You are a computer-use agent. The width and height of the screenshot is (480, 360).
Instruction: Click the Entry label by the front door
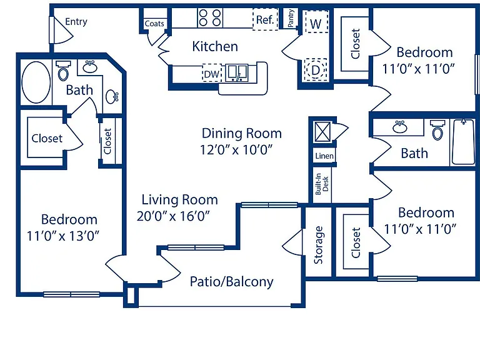click(76, 22)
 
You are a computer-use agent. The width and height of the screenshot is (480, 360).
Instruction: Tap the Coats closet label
click(154, 24)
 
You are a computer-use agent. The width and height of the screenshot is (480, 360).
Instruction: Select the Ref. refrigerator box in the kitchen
click(265, 19)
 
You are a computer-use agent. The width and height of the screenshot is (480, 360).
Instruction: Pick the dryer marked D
click(315, 70)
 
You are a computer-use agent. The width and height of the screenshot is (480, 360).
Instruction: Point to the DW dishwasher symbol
click(212, 73)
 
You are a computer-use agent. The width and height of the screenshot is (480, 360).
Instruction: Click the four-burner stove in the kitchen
click(210, 17)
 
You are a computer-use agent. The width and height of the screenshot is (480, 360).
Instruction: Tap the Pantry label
click(291, 17)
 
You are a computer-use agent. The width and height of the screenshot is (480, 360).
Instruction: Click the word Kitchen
click(215, 46)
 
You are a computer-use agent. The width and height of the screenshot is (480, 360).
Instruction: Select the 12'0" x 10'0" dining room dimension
click(236, 150)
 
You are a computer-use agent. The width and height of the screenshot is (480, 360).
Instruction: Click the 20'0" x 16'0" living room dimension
click(173, 216)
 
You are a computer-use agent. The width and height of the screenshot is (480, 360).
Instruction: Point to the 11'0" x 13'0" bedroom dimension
click(63, 236)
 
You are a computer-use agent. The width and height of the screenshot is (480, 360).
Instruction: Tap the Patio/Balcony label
click(231, 282)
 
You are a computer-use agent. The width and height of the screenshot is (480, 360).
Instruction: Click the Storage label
click(318, 245)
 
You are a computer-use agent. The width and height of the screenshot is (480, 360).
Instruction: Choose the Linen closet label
click(324, 156)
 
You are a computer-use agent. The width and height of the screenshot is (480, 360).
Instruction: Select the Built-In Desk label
click(322, 184)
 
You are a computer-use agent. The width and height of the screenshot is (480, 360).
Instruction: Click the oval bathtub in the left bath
click(36, 82)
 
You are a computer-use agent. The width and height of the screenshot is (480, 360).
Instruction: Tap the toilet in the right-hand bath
click(437, 129)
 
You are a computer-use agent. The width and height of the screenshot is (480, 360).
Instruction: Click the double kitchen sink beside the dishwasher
click(237, 73)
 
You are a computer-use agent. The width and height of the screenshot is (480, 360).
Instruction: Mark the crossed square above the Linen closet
click(323, 132)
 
